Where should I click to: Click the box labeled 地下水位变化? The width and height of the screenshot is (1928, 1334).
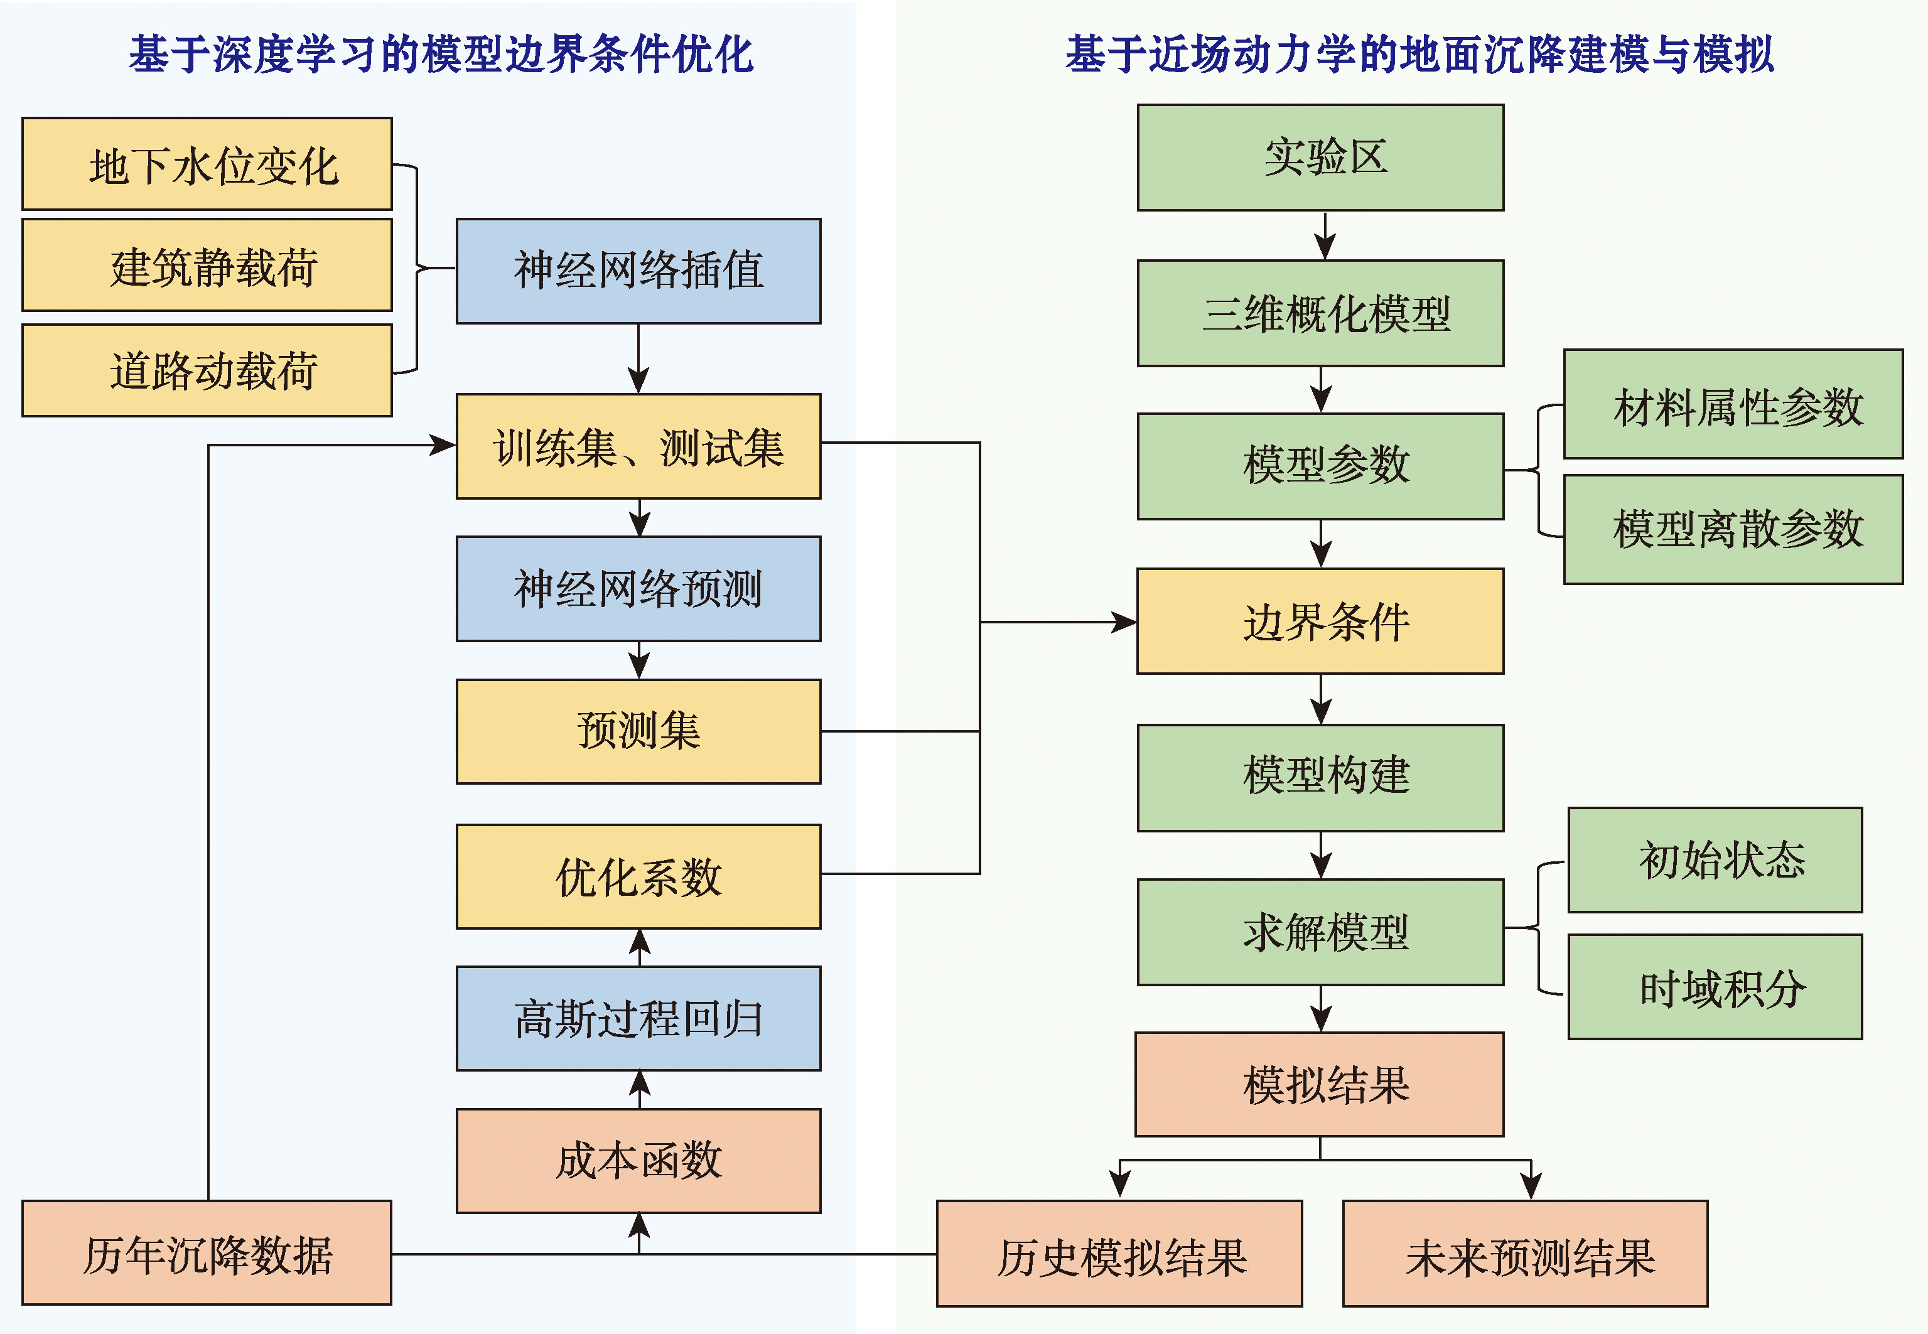[x=207, y=164]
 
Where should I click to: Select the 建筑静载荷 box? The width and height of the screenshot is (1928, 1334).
[x=207, y=265]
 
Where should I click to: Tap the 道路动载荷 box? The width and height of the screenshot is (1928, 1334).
[x=207, y=370]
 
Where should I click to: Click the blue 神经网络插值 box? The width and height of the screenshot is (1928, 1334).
[x=638, y=271]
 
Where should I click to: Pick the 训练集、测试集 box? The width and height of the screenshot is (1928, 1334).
[x=638, y=446]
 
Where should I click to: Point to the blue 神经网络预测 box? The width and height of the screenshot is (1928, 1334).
[x=638, y=588]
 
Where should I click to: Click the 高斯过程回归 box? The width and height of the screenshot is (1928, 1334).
[x=638, y=1019]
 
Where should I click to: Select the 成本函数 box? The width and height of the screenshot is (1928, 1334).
[x=638, y=1161]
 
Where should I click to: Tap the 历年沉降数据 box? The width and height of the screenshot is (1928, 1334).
[x=207, y=1253]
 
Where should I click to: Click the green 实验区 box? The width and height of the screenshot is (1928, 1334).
[x=1320, y=157]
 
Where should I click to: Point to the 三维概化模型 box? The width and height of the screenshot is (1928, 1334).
[x=1320, y=313]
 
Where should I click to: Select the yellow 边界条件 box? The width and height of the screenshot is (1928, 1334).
[x=1320, y=621]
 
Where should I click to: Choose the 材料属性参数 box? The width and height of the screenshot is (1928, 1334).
[x=1733, y=404]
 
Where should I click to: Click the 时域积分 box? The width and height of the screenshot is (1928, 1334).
[x=1715, y=987]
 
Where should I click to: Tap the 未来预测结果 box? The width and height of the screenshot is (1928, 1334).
[x=1525, y=1254]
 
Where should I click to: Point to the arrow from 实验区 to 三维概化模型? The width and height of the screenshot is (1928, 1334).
[x=1325, y=235]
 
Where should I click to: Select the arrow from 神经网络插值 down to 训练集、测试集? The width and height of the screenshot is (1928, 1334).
[x=638, y=358]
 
